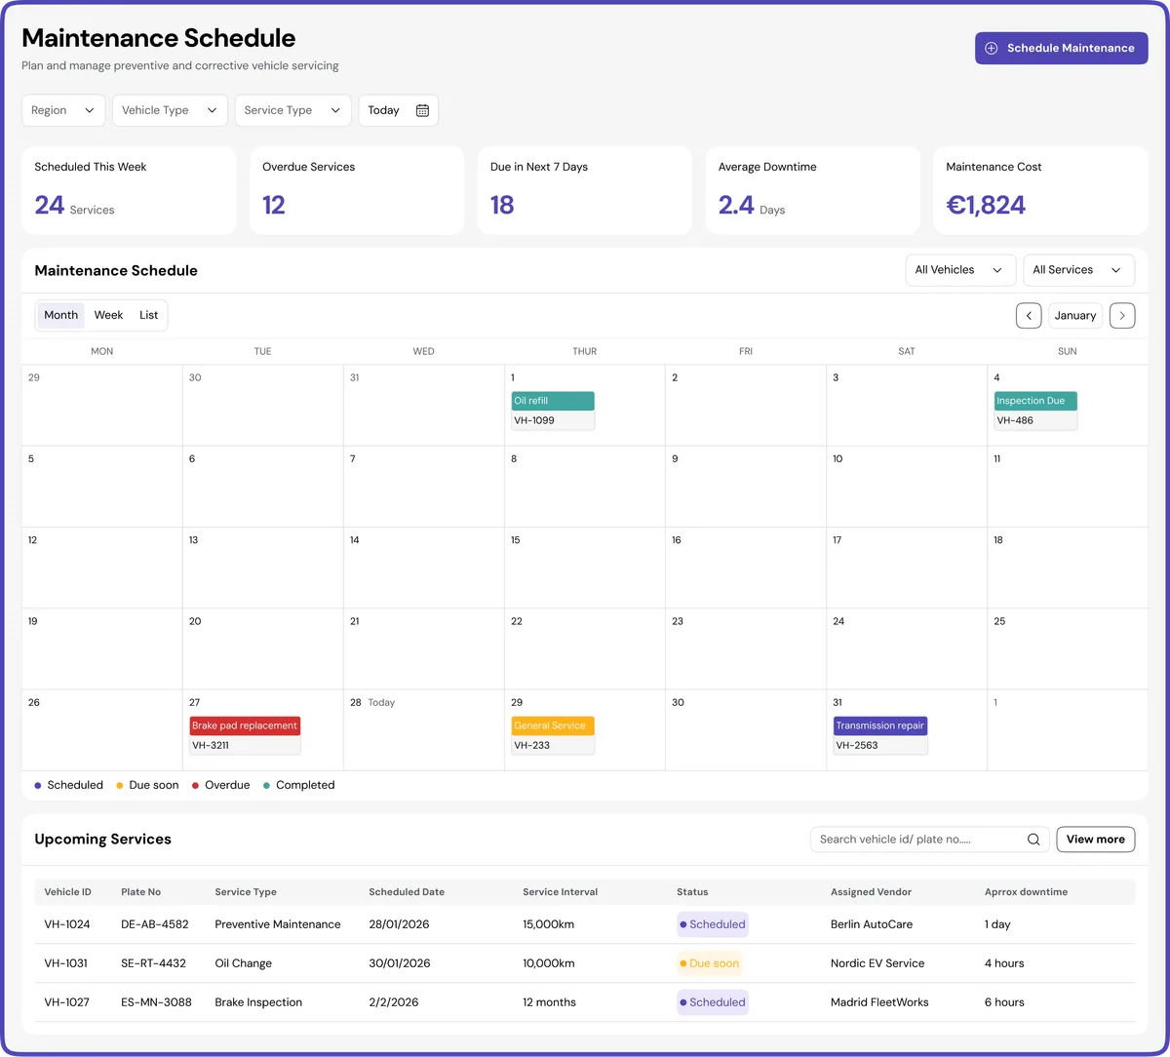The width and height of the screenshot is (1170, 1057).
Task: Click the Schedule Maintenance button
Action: click(x=1061, y=48)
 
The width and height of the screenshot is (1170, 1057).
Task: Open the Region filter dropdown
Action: click(x=63, y=110)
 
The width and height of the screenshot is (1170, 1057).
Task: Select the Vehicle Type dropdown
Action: click(x=170, y=110)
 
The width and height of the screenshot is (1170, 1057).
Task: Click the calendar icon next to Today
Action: click(x=422, y=110)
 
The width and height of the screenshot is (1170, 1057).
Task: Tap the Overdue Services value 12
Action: click(x=274, y=205)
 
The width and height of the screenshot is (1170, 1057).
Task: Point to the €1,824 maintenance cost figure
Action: click(x=986, y=205)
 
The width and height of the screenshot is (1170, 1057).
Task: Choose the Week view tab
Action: click(x=108, y=315)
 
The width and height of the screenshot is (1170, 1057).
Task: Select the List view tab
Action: click(x=148, y=315)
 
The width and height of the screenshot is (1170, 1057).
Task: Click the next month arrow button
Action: click(x=1122, y=316)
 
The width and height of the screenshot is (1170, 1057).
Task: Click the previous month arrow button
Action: click(x=1029, y=316)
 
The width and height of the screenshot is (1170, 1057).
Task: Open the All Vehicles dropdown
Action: click(x=959, y=270)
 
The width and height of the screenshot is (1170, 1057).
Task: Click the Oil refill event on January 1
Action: click(x=553, y=401)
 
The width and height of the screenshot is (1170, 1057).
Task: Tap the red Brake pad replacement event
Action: click(x=245, y=725)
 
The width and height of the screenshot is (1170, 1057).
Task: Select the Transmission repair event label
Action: click(x=879, y=725)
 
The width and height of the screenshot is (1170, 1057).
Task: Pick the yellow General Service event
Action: click(x=553, y=725)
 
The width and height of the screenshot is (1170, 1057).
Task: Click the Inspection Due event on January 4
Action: click(x=1035, y=401)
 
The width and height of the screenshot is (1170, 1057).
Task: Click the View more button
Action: click(x=1095, y=840)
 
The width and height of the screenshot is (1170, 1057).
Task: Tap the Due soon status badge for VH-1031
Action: click(x=710, y=963)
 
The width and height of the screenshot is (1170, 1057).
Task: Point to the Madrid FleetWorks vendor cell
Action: click(x=879, y=1002)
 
